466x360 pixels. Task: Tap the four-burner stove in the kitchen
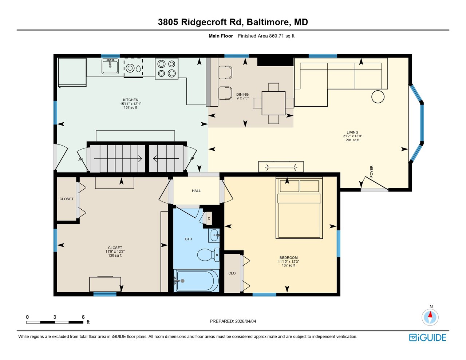(166, 68)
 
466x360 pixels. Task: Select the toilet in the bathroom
(208, 255)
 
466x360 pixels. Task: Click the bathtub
(196, 281)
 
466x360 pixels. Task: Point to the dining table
(273, 103)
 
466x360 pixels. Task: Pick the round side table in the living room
(378, 97)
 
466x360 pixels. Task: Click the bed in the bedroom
(299, 208)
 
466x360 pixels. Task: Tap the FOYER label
(372, 171)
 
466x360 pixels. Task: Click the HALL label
(196, 191)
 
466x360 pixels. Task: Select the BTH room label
(189, 239)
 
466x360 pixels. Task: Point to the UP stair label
(192, 159)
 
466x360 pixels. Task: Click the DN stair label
(80, 159)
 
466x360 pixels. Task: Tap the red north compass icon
(430, 317)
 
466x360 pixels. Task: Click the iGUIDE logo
(428, 337)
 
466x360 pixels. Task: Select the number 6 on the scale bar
(83, 317)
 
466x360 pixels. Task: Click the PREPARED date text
(233, 321)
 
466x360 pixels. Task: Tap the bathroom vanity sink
(214, 236)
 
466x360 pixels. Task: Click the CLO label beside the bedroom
(232, 273)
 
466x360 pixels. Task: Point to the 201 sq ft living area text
(352, 140)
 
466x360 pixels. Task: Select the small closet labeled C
(209, 218)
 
